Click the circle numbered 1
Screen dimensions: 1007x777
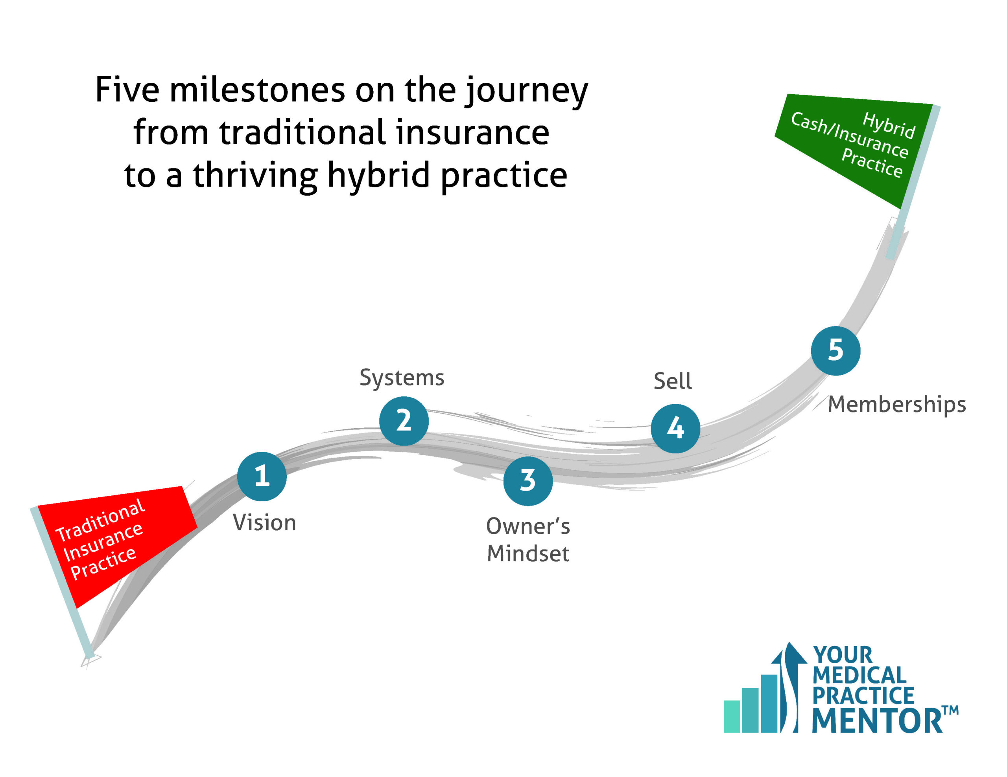tap(262, 476)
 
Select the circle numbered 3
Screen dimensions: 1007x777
tap(527, 481)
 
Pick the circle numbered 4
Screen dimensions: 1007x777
tap(675, 428)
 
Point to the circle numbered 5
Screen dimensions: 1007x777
tap(835, 350)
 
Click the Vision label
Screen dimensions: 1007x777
tap(264, 523)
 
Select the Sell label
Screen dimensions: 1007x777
tap(672, 381)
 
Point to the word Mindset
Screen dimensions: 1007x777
tap(528, 553)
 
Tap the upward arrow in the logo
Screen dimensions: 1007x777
tap(789, 687)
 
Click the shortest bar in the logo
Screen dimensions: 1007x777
tap(732, 716)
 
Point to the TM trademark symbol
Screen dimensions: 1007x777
tap(950, 710)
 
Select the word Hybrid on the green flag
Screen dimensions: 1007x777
tap(889, 125)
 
